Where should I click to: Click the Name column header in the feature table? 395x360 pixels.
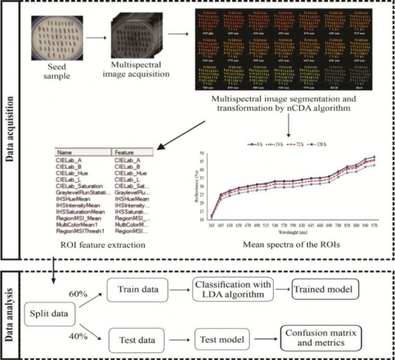coord(64,152)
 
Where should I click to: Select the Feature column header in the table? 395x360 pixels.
coord(124,152)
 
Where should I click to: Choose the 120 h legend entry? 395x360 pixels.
coord(338,145)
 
